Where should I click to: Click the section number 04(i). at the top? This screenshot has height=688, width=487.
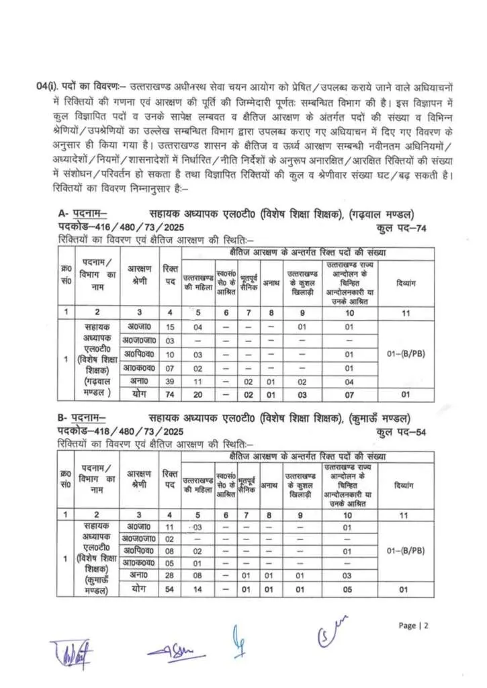point(46,87)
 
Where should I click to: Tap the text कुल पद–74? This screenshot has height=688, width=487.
point(402,228)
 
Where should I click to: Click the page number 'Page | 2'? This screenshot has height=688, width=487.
point(413,626)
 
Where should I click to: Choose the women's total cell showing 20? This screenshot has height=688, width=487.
point(197,394)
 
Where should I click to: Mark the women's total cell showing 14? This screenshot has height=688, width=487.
point(197,589)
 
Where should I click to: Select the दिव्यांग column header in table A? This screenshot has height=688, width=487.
point(406,283)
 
